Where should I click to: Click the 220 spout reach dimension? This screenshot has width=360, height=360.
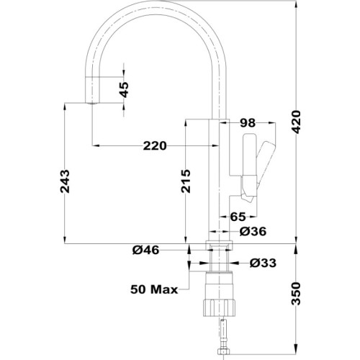pyautogui.click(x=155, y=145)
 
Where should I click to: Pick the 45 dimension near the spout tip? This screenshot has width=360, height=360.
pyautogui.click(x=123, y=89)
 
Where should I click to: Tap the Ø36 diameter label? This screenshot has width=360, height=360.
pyautogui.click(x=252, y=231)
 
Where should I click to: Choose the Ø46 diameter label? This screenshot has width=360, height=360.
pyautogui.click(x=145, y=250)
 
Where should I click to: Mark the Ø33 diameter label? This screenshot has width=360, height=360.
pyautogui.click(x=263, y=263)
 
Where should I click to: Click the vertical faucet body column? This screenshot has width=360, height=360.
pyautogui.click(x=219, y=173)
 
